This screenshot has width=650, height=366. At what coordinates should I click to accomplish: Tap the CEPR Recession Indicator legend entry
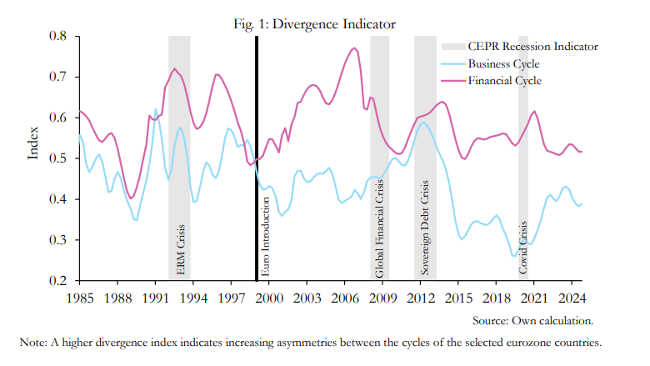[532, 47]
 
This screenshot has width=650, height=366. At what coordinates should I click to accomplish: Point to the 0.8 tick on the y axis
[57, 37]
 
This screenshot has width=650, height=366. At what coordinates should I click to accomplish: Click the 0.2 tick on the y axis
[57, 281]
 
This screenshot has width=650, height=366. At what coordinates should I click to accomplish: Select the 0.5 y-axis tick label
[57, 158]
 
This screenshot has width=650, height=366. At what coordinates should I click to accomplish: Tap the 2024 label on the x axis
[572, 298]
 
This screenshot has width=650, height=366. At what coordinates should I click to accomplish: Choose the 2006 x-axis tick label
[344, 298]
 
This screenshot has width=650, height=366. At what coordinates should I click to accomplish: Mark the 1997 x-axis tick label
[231, 298]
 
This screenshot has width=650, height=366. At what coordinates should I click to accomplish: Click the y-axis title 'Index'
[33, 143]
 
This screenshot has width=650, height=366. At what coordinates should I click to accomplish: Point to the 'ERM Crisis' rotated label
[181, 254]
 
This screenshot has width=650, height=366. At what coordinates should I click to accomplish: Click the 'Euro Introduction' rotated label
[266, 237]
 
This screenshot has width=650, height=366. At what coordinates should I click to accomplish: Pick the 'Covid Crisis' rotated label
[524, 248]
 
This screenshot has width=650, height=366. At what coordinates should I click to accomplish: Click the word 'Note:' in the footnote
[34, 342]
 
